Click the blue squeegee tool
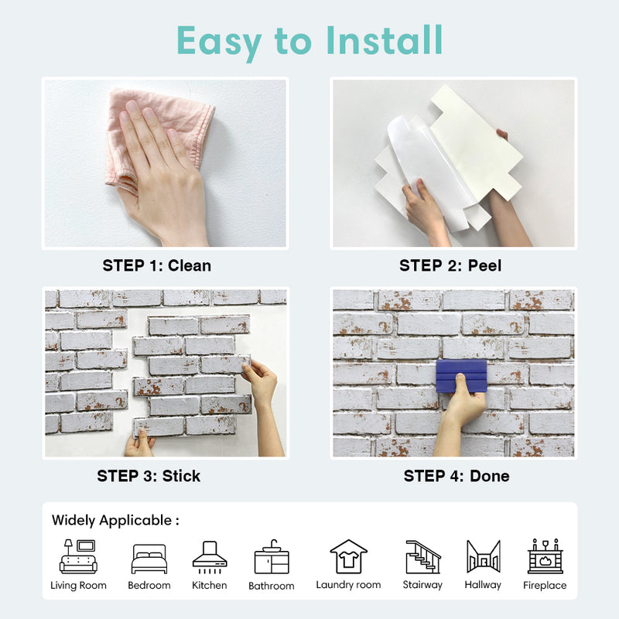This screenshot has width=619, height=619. (x=461, y=376)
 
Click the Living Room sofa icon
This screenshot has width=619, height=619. (x=78, y=556)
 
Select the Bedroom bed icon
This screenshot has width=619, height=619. (x=149, y=558)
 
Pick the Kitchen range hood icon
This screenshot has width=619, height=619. (x=209, y=556)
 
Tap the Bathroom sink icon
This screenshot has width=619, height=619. (x=271, y=557)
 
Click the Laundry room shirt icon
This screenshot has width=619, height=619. (x=348, y=556)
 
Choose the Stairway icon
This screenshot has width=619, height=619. (x=422, y=556)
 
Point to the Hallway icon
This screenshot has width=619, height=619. (x=483, y=556)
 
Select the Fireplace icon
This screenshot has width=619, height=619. (x=545, y=556)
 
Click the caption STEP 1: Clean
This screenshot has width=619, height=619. (x=156, y=265)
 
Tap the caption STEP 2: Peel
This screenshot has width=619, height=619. (x=450, y=265)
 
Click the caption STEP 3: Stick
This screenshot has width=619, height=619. (x=149, y=476)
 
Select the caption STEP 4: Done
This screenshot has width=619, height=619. (x=457, y=476)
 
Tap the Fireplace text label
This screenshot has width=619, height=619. (x=545, y=586)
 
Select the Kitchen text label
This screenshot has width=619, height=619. (x=209, y=586)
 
